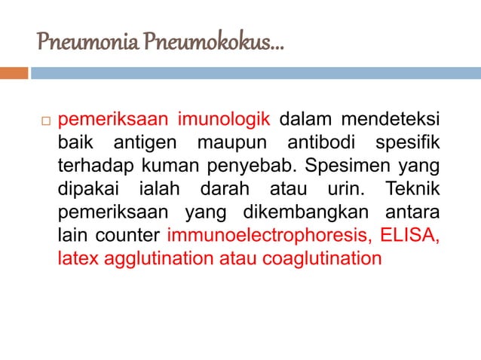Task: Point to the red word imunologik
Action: [225, 120]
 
